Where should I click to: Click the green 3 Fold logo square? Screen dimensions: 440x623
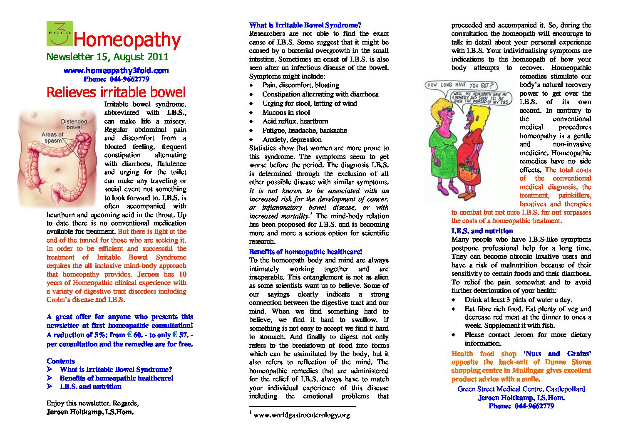[x=60, y=33]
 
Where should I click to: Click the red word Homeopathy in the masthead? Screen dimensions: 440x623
[x=127, y=40]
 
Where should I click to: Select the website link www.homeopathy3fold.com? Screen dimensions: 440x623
[x=116, y=71]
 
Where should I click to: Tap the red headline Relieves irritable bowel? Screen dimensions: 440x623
[x=116, y=92]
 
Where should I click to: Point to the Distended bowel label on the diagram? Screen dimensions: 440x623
[x=74, y=124]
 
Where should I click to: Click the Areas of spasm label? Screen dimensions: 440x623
[x=52, y=138]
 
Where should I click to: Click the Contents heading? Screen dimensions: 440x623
[x=61, y=361]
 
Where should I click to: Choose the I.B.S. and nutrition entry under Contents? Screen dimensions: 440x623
[x=90, y=386]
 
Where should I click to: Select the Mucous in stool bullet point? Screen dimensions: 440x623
[x=286, y=112]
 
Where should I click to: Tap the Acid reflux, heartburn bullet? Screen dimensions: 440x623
[x=295, y=121]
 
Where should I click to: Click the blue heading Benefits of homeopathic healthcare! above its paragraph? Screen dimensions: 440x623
[x=305, y=252]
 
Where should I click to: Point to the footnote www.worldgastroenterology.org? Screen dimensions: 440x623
[x=301, y=415]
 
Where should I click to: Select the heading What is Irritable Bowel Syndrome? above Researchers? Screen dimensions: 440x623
[x=305, y=25]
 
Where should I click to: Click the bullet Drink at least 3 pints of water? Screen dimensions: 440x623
[x=518, y=299]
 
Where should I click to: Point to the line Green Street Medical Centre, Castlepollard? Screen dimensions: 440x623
[x=521, y=389]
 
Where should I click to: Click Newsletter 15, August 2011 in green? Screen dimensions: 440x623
[x=107, y=57]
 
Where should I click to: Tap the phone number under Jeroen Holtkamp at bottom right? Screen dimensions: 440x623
[x=521, y=406]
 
